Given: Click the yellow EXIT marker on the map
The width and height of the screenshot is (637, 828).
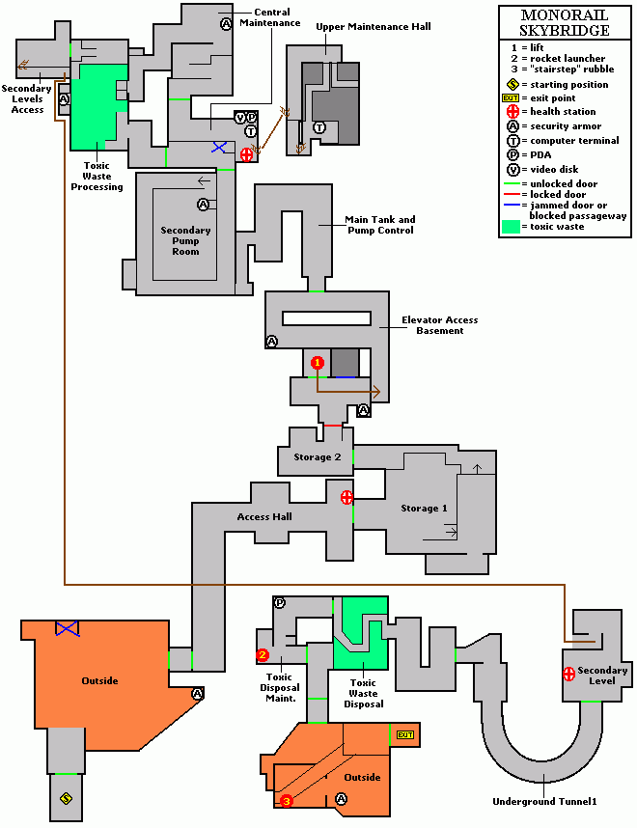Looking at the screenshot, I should click(405, 735).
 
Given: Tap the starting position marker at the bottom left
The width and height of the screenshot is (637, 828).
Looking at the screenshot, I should click(66, 798).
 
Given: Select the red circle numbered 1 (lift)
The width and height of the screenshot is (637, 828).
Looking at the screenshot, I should click(317, 363).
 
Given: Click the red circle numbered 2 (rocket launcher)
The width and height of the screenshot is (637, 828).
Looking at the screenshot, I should click(263, 655).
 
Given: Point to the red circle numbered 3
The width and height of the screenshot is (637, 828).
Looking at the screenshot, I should click(286, 800).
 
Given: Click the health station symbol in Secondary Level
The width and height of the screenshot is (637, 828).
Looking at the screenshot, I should click(569, 673).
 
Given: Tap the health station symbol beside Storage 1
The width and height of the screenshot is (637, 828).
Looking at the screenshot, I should click(346, 497).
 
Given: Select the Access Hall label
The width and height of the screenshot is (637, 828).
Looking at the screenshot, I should click(264, 516).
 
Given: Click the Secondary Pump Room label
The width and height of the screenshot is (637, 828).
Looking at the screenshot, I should click(185, 240).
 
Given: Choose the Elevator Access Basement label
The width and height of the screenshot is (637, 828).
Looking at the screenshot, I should click(440, 325).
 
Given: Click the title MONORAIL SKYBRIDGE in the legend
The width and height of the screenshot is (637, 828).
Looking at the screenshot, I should click(565, 23).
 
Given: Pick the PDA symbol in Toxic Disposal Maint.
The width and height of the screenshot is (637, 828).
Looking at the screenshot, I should click(280, 602).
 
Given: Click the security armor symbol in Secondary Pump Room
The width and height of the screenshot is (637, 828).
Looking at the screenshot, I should click(203, 204).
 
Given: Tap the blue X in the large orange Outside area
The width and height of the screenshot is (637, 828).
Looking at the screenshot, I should click(67, 628).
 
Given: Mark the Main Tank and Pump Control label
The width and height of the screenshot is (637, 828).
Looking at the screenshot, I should click(380, 225).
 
